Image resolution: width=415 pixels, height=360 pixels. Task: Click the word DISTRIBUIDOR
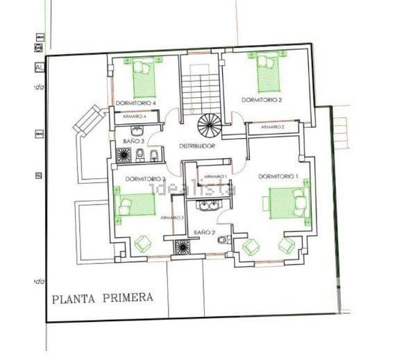(197, 147)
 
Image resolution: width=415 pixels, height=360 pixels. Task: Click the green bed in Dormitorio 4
(145, 76)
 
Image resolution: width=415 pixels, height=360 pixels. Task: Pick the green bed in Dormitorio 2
(269, 72)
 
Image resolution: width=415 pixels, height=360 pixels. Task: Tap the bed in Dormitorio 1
(285, 205)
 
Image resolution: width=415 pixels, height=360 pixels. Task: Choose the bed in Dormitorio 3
(135, 205)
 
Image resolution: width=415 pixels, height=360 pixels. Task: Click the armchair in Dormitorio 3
(143, 243)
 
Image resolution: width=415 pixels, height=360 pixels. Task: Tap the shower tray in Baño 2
(183, 246)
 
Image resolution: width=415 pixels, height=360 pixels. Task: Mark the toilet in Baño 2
(221, 240)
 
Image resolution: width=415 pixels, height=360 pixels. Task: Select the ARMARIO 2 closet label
(272, 128)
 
